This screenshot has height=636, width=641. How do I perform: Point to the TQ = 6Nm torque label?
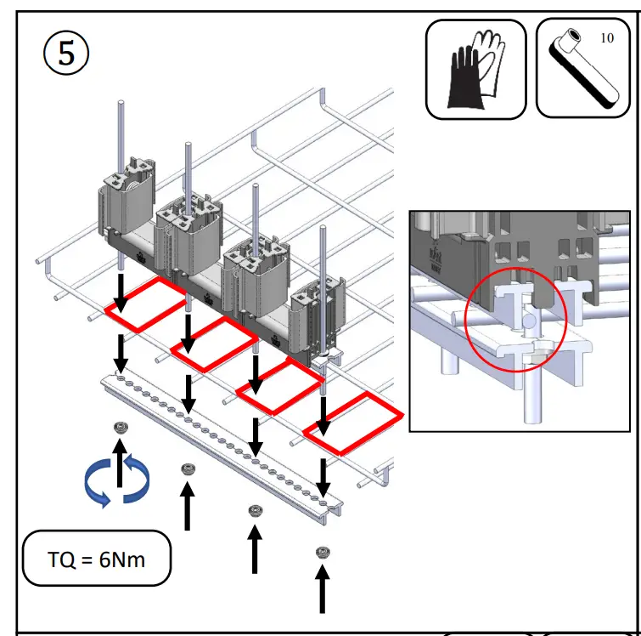[x=96, y=559]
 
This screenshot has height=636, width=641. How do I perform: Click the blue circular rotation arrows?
[x=116, y=482]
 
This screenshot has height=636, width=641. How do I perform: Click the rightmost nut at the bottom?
[x=322, y=553]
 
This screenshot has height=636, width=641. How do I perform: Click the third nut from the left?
[x=254, y=510]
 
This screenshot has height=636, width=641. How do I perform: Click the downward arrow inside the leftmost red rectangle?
[x=121, y=292]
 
